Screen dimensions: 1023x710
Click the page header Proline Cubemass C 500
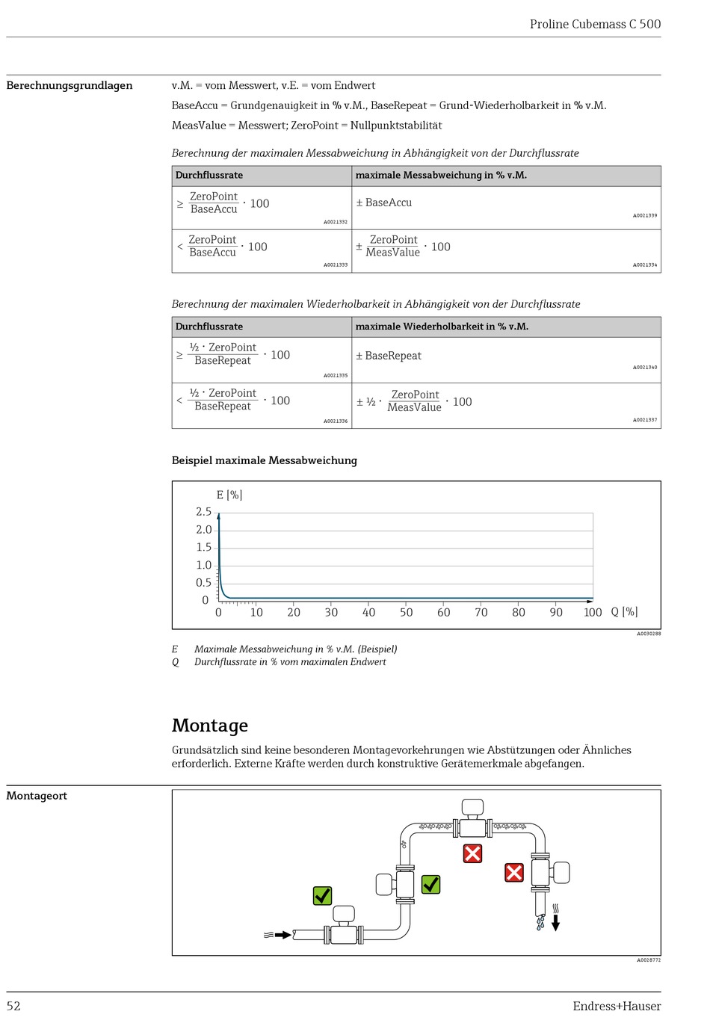595,24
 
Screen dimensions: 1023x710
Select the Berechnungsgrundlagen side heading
70,85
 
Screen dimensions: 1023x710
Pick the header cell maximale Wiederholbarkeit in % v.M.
442,327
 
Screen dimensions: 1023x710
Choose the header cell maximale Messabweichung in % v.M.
441,175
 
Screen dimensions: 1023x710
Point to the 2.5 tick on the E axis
203,512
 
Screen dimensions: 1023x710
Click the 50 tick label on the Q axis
406,612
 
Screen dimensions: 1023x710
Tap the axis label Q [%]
624,611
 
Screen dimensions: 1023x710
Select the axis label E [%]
229,495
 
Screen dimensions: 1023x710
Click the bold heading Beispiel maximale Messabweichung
265,460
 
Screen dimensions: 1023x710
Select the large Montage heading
210,726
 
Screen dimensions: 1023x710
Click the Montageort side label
37,796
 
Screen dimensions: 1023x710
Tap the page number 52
13,1006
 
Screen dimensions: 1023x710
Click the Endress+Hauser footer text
617,1006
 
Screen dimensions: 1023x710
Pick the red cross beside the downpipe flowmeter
514,872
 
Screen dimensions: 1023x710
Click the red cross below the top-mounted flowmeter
472,853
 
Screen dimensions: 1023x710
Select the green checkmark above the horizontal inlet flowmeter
322,895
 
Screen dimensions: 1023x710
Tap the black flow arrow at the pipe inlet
283,935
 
